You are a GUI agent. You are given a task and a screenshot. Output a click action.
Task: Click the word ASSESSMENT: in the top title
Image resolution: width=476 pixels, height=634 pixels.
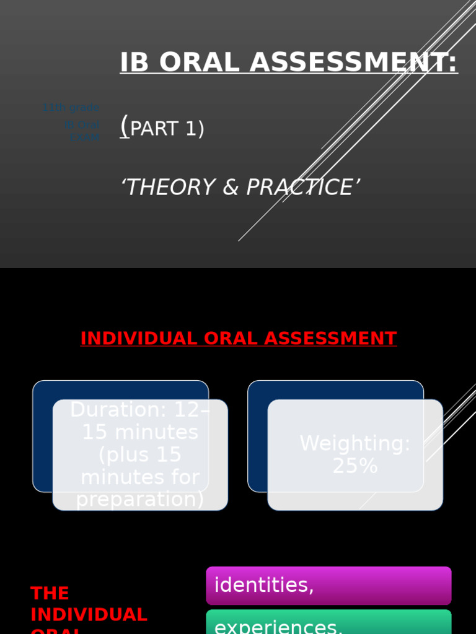click(x=354, y=63)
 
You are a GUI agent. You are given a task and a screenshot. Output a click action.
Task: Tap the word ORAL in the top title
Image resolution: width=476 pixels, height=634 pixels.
click(x=198, y=63)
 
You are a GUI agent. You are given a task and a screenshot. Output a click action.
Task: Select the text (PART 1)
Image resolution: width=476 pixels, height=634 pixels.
click(x=162, y=128)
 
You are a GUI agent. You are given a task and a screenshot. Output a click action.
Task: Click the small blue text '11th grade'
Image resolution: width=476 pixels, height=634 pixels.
click(x=71, y=108)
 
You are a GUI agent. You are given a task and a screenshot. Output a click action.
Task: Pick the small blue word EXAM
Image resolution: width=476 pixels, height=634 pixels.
click(x=84, y=137)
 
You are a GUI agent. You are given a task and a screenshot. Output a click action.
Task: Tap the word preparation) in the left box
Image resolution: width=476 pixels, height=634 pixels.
click(x=140, y=500)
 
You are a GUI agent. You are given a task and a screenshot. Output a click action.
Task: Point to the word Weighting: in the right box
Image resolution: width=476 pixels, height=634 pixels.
click(x=355, y=444)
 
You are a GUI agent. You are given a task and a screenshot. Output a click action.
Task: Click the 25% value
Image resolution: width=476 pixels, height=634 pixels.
click(x=355, y=466)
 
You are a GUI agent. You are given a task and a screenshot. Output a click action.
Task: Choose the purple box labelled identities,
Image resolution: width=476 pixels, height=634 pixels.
click(x=328, y=586)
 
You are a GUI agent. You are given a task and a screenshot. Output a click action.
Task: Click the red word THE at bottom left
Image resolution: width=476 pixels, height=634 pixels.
click(x=50, y=594)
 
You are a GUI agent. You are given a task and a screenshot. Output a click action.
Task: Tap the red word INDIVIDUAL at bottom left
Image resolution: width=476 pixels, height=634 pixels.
click(x=89, y=615)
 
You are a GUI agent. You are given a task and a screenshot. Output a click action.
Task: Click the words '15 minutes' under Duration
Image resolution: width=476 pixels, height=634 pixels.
click(x=140, y=432)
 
